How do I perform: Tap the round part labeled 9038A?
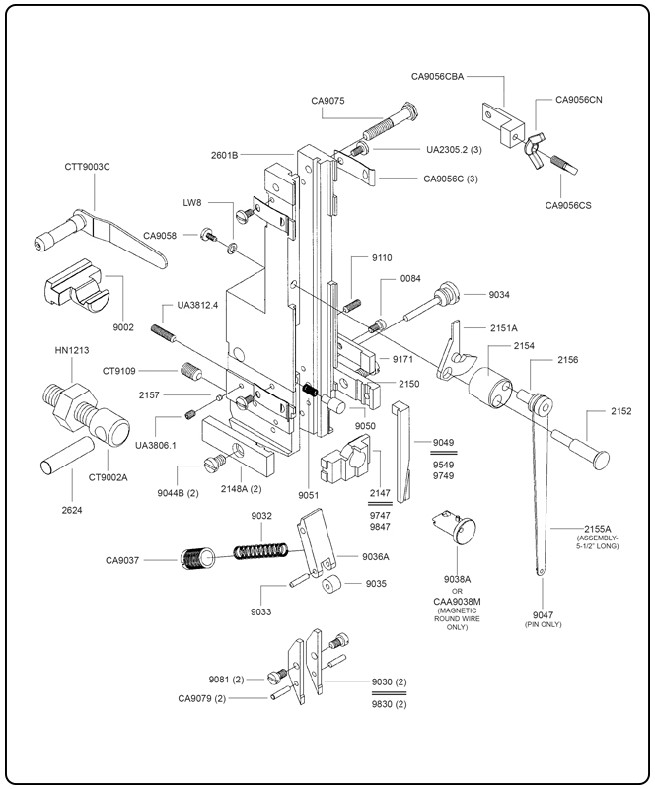456,530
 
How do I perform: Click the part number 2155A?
595,528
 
